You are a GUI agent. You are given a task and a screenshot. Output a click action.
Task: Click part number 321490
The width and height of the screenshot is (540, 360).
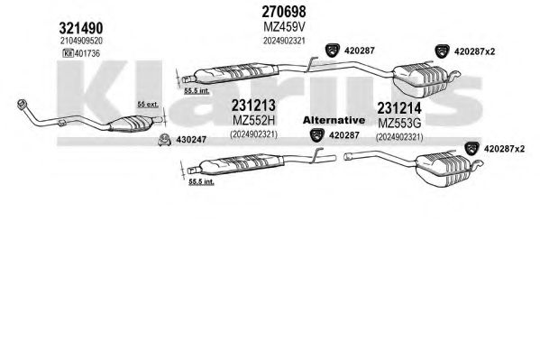point(81,28)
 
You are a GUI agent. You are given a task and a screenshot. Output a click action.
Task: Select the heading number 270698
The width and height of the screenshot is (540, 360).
point(284,12)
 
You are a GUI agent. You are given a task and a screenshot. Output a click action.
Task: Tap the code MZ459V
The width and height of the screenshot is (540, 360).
point(285,27)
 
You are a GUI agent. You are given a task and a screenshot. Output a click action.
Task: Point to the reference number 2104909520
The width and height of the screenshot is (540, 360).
point(81,41)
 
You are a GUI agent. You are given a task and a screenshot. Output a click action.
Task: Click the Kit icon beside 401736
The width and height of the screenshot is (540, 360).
point(68,53)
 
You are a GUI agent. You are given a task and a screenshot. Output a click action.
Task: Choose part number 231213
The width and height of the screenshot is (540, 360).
point(253,106)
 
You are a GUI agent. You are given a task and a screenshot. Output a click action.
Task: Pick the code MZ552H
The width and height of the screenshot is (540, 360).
point(254,120)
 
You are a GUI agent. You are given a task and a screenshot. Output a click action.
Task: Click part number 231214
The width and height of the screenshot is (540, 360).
point(399,108)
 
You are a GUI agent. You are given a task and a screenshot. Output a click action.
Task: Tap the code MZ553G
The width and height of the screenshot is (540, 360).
point(399,123)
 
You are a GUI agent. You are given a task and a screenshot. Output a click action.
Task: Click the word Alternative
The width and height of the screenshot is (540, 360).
point(334,120)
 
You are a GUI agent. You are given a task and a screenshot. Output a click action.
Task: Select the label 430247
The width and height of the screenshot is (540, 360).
point(191,140)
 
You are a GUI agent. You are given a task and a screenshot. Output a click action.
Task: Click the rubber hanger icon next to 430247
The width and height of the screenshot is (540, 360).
point(165,140)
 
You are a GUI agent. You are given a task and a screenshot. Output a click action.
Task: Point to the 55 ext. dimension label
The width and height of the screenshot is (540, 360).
point(148,104)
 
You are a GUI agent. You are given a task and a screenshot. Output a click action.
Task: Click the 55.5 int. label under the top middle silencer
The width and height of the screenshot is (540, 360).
point(197,91)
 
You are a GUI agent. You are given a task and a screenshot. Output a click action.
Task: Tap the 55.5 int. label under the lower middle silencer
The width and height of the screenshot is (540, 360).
point(201,181)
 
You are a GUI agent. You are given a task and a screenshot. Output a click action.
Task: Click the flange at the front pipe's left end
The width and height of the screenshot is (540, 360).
point(23,104)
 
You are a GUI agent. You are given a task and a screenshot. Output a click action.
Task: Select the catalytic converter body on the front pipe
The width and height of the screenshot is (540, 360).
point(131,123)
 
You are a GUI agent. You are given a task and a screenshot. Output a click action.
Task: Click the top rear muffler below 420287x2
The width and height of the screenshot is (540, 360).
point(421,80)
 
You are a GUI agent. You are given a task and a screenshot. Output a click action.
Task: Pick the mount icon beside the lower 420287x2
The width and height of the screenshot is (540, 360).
point(472,149)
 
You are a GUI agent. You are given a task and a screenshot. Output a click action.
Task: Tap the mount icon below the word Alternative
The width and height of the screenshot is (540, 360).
point(317,134)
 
